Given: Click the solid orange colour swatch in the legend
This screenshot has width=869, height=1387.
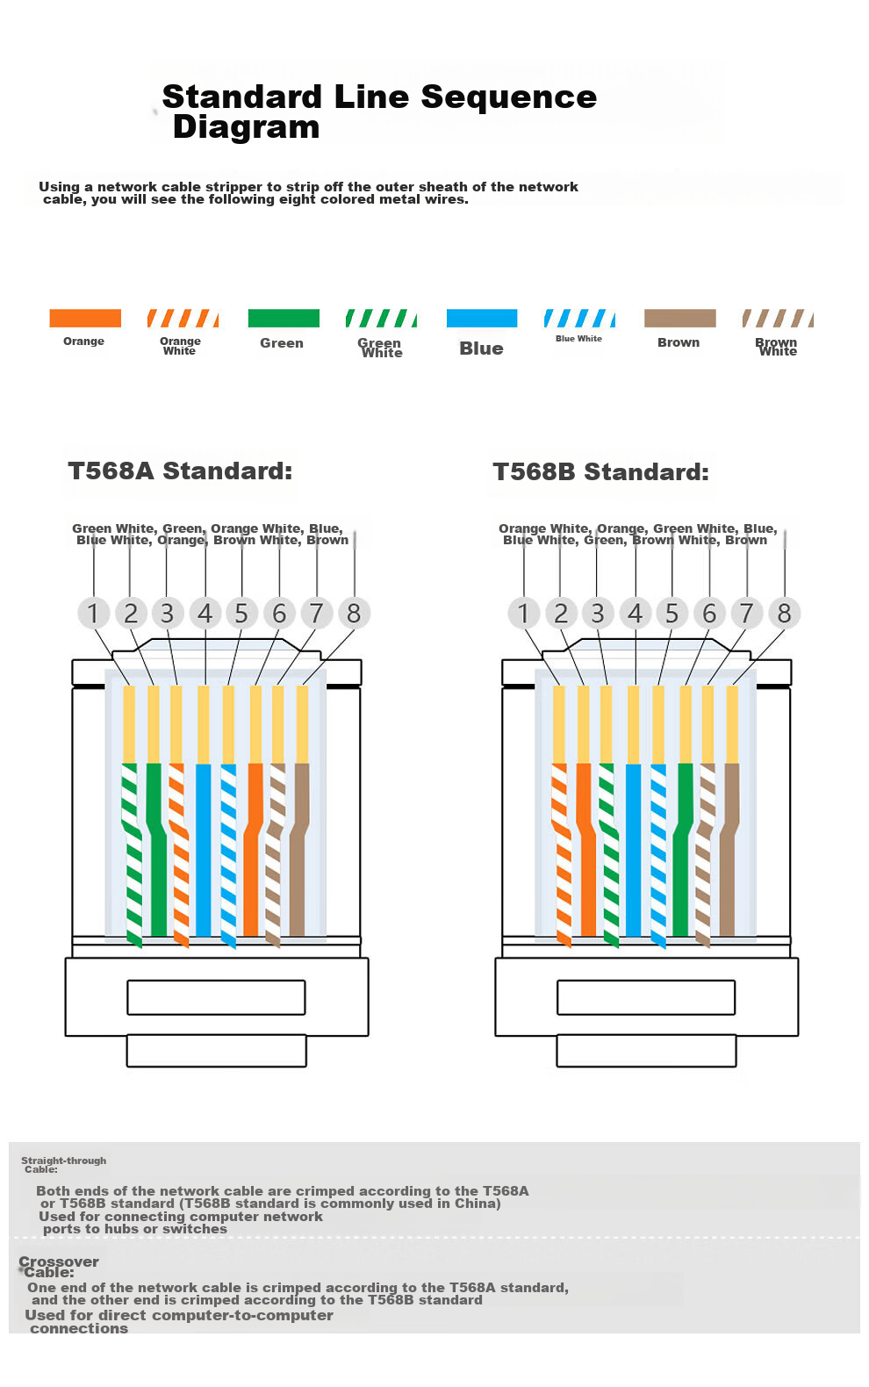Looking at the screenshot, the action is pos(85,318).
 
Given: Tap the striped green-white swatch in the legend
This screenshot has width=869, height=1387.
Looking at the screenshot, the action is pos(381,318).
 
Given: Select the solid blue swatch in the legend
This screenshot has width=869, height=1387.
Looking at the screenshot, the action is pos(482,318).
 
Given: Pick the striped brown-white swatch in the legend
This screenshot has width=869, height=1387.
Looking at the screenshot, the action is pos(778,318).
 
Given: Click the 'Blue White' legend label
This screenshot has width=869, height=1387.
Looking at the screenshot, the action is pos(578,339).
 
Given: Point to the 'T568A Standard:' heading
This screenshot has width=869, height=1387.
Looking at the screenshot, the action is pos(180,471).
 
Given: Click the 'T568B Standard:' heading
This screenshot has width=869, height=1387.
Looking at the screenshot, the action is pos(600,471).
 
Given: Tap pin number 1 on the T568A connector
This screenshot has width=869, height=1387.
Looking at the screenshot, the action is pos(93,613).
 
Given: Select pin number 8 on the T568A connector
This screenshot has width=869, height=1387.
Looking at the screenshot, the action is pos(354,613).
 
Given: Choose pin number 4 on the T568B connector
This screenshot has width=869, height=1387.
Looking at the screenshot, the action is pos(635,613).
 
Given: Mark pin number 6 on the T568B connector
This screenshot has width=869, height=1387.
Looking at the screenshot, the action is pos(709,613).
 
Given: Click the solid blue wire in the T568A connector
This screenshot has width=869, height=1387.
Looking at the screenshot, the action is pos(204,850).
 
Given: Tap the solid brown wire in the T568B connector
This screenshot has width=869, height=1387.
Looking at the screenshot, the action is pos(729,850).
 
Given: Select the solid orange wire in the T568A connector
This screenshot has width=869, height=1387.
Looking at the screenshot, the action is pos(253,850).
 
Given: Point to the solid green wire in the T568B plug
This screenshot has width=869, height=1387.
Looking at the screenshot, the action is pos(682,850).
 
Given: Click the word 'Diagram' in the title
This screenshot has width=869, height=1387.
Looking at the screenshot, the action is pos(247,127).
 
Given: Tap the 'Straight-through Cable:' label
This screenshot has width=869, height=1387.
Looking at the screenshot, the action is pos(64,1165).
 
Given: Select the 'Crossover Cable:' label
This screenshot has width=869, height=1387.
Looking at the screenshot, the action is pos(58,1267).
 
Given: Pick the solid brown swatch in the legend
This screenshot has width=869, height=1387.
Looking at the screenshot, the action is pos(679,318).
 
